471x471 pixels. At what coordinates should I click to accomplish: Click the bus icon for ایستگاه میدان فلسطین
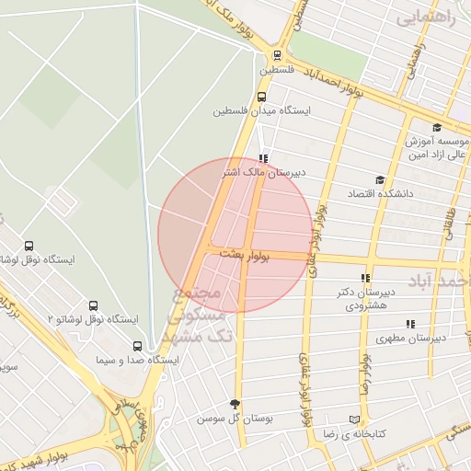point(262,96)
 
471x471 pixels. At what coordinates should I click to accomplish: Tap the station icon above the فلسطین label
point(277,54)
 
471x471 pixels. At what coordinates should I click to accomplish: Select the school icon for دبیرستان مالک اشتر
point(265,156)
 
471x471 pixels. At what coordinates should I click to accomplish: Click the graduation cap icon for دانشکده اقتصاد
point(379,179)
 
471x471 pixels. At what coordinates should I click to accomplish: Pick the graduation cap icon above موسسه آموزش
point(436,128)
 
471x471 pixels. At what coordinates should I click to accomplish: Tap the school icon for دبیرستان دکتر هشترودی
point(365,277)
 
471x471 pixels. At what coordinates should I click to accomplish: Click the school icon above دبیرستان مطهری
point(410,323)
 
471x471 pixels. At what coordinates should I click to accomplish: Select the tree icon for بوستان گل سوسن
point(235,403)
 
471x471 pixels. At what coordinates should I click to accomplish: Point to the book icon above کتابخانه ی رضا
point(354,419)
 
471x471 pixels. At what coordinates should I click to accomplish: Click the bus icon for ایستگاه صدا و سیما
point(137,346)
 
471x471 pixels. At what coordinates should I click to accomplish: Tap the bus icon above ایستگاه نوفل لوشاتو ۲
point(93,305)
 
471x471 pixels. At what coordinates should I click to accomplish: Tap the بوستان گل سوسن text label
point(236,418)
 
